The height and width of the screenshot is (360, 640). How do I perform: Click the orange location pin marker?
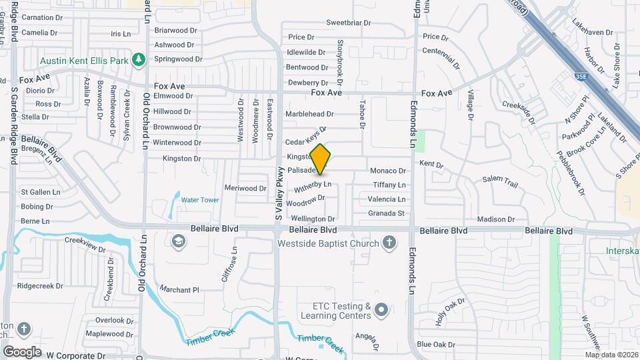click(321, 159)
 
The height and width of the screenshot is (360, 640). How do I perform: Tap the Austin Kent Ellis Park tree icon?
click(139, 60)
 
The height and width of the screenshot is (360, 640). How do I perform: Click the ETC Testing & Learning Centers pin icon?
click(381, 309)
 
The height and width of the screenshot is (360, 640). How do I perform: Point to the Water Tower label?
click(200, 200)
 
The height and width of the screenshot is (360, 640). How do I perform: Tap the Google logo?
click(22, 351)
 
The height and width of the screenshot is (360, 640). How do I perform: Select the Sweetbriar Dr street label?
click(348, 23)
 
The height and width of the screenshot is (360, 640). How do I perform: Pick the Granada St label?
click(387, 213)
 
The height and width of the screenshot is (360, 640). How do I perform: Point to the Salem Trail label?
click(500, 180)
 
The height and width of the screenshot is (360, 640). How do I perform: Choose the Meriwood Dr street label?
click(245, 188)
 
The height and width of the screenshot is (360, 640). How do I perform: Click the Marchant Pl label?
click(179, 290)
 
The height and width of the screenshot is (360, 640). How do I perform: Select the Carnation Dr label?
click(42, 17)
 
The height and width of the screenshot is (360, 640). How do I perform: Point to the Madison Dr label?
click(496, 219)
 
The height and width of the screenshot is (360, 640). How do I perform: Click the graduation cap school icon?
click(178, 241)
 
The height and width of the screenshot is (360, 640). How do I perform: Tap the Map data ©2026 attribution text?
click(611, 355)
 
